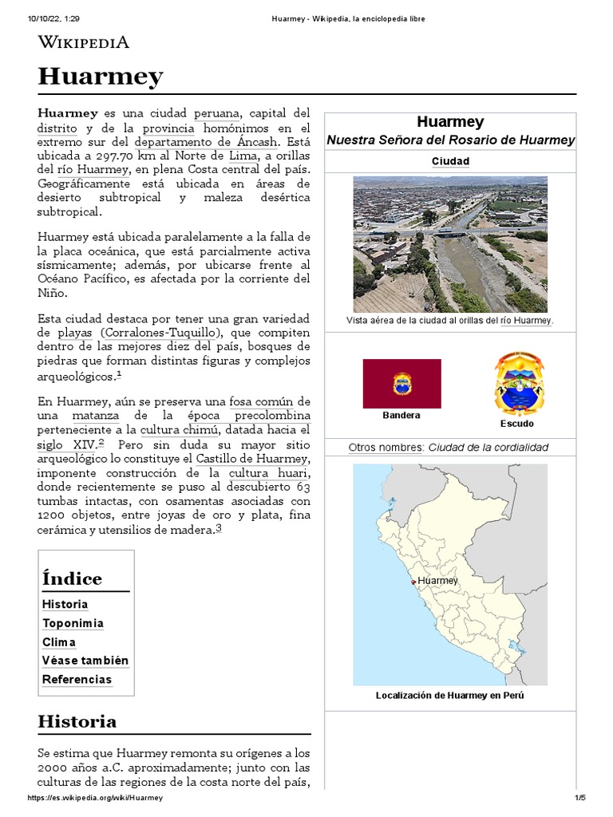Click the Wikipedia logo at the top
(x=84, y=43)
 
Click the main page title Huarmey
(x=101, y=77)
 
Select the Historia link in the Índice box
(x=65, y=605)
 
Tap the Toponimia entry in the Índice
(x=73, y=623)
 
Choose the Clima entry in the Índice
(x=59, y=642)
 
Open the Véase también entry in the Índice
(x=85, y=661)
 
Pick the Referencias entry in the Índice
(x=77, y=680)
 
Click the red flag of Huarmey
(x=401, y=384)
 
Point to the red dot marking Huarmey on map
(x=413, y=582)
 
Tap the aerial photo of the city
(x=450, y=244)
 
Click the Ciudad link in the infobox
(x=450, y=161)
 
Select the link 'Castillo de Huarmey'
(x=251, y=459)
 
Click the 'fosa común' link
(x=267, y=401)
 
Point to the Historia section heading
(x=77, y=721)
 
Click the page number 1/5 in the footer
(x=579, y=798)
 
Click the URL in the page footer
(x=95, y=798)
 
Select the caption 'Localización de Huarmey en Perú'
(x=450, y=696)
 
